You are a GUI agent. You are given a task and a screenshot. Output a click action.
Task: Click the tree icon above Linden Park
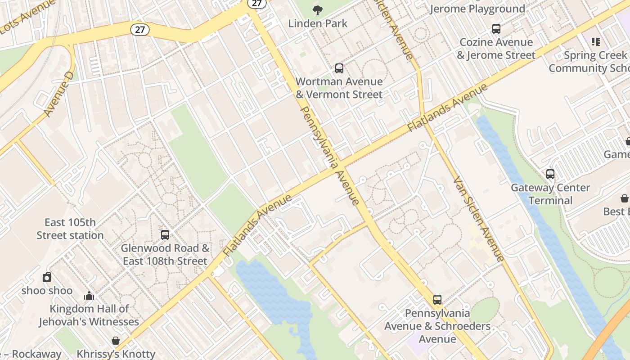[x=318, y=10]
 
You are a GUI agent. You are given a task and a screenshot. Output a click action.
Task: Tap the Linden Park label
[x=318, y=23]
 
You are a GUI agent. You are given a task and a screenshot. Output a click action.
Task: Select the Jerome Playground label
[x=477, y=9]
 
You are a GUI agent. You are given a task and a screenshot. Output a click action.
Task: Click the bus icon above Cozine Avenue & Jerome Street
[x=496, y=29]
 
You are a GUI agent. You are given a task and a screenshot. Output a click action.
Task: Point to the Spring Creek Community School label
[x=589, y=62]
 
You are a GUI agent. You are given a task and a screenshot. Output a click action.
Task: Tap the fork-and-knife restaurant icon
[x=596, y=42]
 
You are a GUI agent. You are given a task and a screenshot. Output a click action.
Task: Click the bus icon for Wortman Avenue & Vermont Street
[x=339, y=68]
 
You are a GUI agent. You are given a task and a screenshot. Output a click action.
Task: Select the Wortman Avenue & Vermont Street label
[x=339, y=88]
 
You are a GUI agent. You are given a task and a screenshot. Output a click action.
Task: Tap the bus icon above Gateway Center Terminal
[x=550, y=174]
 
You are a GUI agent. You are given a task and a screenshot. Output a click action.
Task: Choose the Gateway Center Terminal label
[x=550, y=194]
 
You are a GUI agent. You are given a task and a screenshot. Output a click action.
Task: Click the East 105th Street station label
[x=70, y=229]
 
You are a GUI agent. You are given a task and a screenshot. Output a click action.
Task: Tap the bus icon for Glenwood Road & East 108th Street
[x=165, y=234]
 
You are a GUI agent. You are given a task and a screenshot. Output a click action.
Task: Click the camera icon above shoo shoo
[x=47, y=277]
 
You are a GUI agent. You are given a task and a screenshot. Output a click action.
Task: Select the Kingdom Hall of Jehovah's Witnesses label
[x=89, y=315]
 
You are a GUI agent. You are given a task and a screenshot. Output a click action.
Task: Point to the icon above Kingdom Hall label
[x=89, y=296]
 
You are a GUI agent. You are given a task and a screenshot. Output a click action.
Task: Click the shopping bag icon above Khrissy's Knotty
[x=116, y=341]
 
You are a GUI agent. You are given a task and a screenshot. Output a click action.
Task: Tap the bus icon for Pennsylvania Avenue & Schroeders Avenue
[x=437, y=299]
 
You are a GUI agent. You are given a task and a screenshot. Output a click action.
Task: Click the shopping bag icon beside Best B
[x=625, y=198]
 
